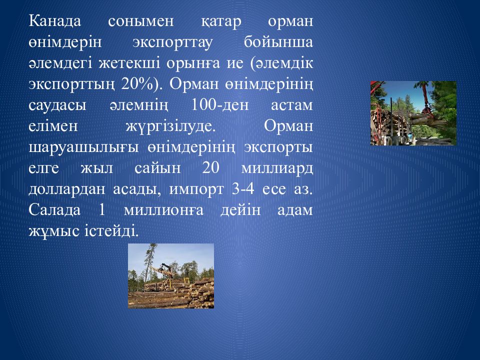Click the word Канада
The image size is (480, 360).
(55, 21)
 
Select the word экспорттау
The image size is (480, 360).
(172, 42)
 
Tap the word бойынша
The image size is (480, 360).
(278, 42)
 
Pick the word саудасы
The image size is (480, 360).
(57, 105)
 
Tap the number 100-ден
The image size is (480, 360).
(220, 105)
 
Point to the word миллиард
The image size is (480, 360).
(277, 168)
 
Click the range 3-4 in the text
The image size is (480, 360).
(243, 189)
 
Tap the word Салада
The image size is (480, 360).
(55, 210)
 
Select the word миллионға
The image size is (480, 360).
(163, 210)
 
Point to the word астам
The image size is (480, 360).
(292, 105)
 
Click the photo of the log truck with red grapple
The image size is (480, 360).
(413, 113)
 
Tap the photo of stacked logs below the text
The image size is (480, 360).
(171, 276)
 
